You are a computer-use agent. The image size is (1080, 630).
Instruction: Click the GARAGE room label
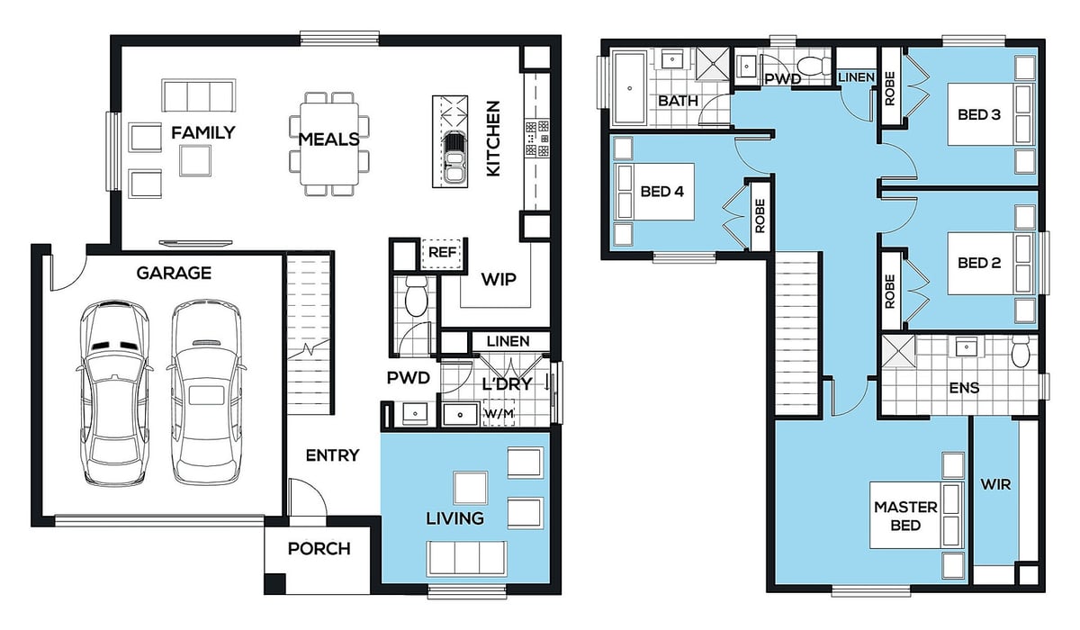point(174,274)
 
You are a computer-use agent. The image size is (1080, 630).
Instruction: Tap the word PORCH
point(319,548)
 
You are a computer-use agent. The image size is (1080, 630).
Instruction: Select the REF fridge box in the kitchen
point(442,253)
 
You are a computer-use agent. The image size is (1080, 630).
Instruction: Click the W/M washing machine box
point(499,413)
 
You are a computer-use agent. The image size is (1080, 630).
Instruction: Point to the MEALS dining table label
point(328,139)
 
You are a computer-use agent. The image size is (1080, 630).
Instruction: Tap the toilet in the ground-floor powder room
point(416,296)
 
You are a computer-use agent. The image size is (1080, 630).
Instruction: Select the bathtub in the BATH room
point(630,87)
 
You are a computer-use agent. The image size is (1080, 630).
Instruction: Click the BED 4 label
point(662,192)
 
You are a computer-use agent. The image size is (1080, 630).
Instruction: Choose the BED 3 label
point(979,114)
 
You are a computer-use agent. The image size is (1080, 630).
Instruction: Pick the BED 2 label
point(979,263)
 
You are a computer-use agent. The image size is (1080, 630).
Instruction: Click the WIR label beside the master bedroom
point(995,484)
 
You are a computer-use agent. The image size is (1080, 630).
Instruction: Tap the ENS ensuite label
point(964,388)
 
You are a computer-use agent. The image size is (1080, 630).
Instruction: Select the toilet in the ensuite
point(1021,351)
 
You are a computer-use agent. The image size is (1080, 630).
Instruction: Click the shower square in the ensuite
point(898,351)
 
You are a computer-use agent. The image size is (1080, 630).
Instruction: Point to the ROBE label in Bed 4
point(760,216)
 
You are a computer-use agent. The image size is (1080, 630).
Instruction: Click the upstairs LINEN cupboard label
point(856,77)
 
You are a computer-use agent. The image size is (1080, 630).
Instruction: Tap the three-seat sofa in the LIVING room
point(466,558)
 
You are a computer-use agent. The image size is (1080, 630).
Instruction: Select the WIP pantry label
point(499,279)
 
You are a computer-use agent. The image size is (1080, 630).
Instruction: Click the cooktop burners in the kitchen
point(536,139)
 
